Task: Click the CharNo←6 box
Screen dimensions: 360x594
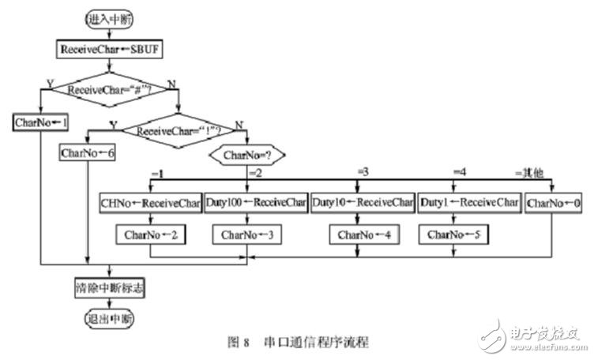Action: pyautogui.click(x=88, y=154)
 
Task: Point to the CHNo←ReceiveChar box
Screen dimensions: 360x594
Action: pyautogui.click(x=151, y=202)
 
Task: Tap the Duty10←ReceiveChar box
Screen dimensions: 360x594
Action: pyautogui.click(x=361, y=202)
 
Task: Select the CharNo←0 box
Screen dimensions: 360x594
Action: pyautogui.click(x=555, y=202)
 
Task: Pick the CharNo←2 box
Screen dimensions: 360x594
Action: pyautogui.click(x=151, y=234)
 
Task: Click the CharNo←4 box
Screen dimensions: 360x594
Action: pyautogui.click(x=361, y=234)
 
